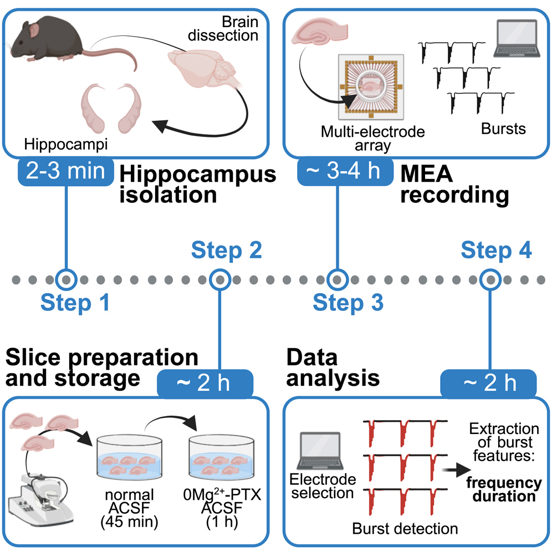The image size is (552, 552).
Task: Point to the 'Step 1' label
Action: tap(75, 303)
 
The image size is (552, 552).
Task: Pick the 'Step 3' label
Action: tap(347, 303)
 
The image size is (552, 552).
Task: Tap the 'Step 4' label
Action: tap(496, 251)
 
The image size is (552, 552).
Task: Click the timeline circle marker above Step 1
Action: tap(67, 279)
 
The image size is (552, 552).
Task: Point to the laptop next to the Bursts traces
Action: tap(516, 39)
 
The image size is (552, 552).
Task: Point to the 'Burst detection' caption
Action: tap(405, 528)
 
